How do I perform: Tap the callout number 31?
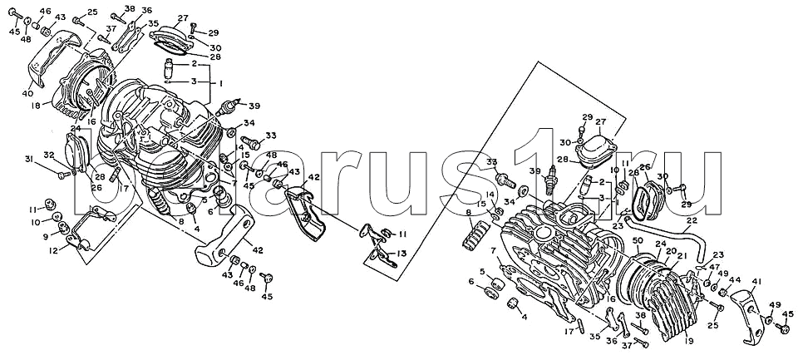pos(27,159)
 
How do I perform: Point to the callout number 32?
pos(48,155)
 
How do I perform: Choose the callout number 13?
pos(402,253)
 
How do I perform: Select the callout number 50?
pos(638,240)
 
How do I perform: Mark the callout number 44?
pos(734,279)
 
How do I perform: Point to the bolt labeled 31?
pos(63,175)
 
